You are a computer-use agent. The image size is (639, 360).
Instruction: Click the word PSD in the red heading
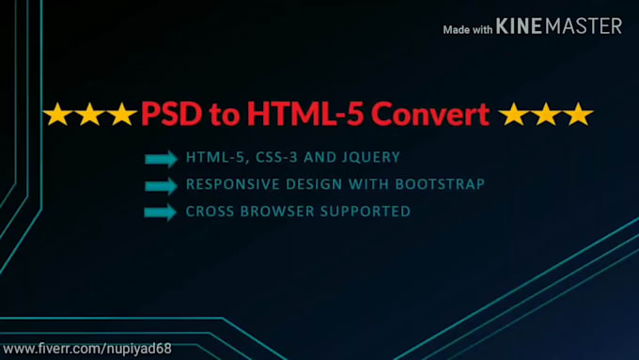[169, 115]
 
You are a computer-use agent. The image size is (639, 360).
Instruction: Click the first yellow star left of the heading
[58, 115]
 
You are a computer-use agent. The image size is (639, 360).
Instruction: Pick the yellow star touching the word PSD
[122, 115]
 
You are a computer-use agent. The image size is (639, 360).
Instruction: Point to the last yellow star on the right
[577, 115]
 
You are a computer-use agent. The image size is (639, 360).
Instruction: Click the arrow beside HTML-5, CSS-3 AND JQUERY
[161, 158]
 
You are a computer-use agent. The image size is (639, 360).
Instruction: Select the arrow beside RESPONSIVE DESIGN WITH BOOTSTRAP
[161, 184]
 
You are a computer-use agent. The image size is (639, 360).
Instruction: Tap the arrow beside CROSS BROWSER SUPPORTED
[161, 211]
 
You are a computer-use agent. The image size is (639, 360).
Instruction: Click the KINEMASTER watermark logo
[559, 26]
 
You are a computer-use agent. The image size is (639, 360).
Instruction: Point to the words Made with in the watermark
[468, 29]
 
